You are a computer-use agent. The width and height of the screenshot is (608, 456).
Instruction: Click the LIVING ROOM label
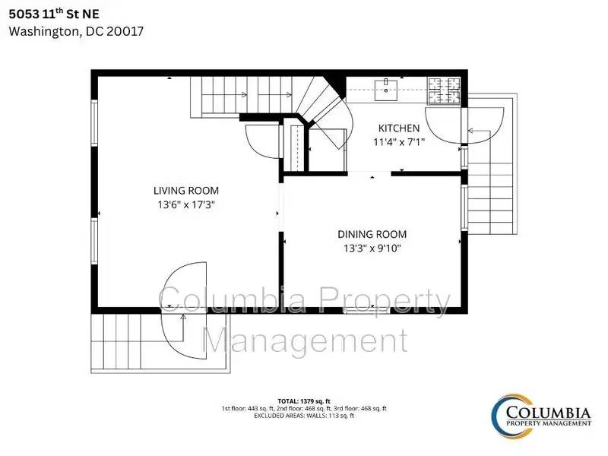[x=186, y=191]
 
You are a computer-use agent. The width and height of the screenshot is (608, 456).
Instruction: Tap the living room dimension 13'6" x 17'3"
[x=186, y=204]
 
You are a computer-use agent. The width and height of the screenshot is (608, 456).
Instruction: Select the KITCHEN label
[x=399, y=128]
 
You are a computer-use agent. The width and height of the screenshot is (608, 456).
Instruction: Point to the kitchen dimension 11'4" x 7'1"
[x=399, y=142]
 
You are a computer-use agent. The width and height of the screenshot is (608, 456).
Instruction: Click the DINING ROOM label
[x=372, y=234]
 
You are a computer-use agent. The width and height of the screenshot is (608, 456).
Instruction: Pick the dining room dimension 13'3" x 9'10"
[x=372, y=249]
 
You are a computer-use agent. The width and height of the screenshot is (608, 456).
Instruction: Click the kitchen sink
[x=386, y=90]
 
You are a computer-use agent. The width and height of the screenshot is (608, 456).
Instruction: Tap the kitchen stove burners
[x=444, y=90]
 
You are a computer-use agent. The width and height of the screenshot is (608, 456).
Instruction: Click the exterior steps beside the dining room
[x=490, y=198]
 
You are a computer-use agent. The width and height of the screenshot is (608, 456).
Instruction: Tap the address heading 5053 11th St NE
[x=54, y=14]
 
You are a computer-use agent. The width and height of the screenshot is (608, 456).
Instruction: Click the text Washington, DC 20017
[x=76, y=31]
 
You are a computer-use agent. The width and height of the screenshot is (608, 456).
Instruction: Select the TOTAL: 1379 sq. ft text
[x=304, y=401]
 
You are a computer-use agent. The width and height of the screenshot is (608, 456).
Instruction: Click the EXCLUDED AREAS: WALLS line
[x=304, y=416]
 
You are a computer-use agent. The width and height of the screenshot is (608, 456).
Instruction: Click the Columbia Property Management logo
[x=541, y=416]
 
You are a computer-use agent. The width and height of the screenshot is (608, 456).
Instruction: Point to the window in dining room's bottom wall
[x=366, y=310]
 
